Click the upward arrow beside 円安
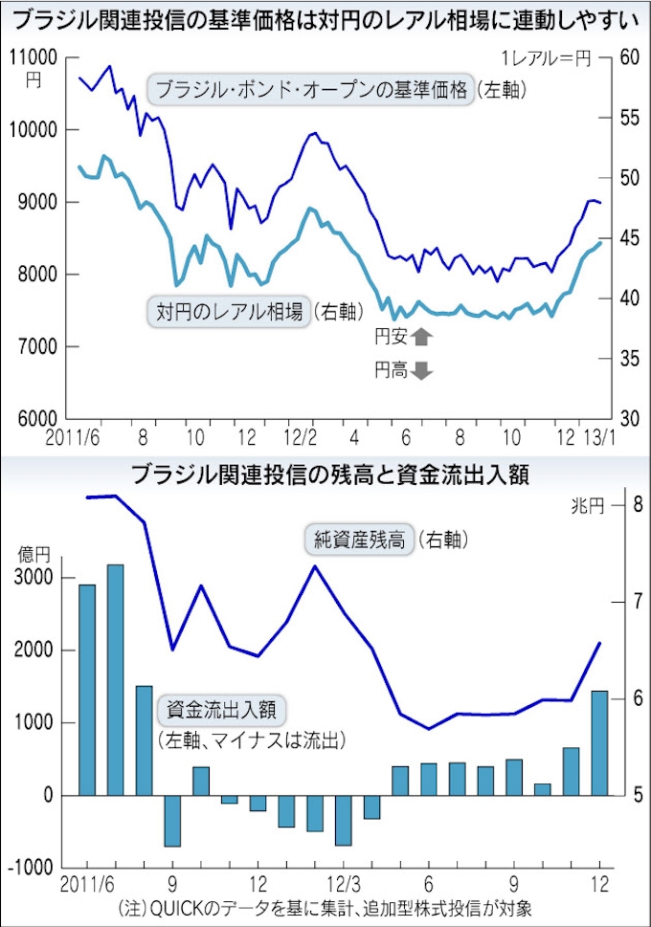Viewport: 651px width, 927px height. point(421,336)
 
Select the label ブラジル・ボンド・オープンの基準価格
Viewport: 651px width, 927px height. point(311,92)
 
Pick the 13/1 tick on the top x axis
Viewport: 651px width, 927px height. point(600,437)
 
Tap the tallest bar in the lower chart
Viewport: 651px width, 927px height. point(115,679)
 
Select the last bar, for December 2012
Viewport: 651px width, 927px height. point(599,742)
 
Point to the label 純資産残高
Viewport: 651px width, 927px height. point(359,540)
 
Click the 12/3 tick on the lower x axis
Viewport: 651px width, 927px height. point(344,882)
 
